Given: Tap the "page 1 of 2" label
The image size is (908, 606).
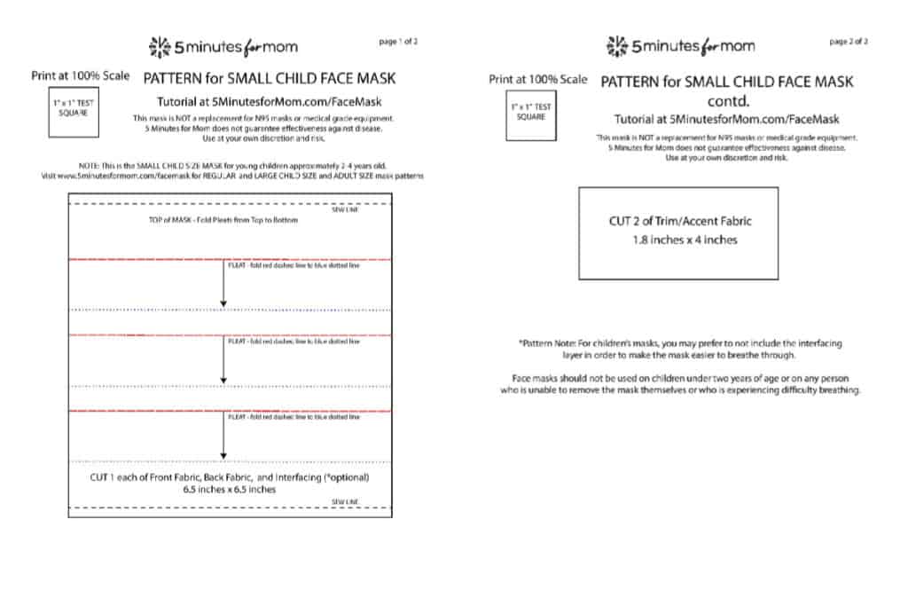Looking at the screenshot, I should [397, 42].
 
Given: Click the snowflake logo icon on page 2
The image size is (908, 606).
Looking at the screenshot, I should [617, 45].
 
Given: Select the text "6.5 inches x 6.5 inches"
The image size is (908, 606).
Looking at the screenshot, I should [229, 489].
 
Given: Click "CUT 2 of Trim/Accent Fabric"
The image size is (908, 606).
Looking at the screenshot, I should [680, 221].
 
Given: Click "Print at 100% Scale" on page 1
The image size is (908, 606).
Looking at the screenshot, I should [82, 77].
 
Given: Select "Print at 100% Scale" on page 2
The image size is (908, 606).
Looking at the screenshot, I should [538, 80].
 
